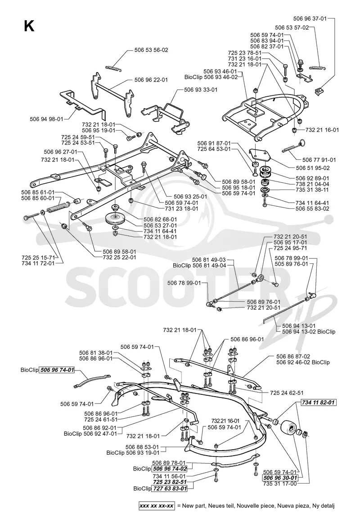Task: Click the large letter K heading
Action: coord(29,26)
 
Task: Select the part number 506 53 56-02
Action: coord(151,50)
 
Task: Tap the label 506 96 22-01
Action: coord(151,80)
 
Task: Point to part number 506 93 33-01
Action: coord(201,90)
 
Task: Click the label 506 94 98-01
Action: coord(46,119)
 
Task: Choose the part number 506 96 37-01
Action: coord(310,18)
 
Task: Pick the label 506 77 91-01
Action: coord(319,160)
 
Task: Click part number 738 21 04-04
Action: coord(312,184)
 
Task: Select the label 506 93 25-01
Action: coord(190,196)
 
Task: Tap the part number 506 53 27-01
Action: coord(160,226)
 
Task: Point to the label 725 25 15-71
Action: coord(37,258)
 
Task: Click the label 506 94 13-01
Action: coord(299,326)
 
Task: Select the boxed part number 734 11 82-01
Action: coord(319,402)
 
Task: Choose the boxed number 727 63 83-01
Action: coord(170,488)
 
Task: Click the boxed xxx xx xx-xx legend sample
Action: coord(157,506)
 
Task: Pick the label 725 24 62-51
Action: coord(287,393)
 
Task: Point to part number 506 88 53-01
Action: coord(142,447)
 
